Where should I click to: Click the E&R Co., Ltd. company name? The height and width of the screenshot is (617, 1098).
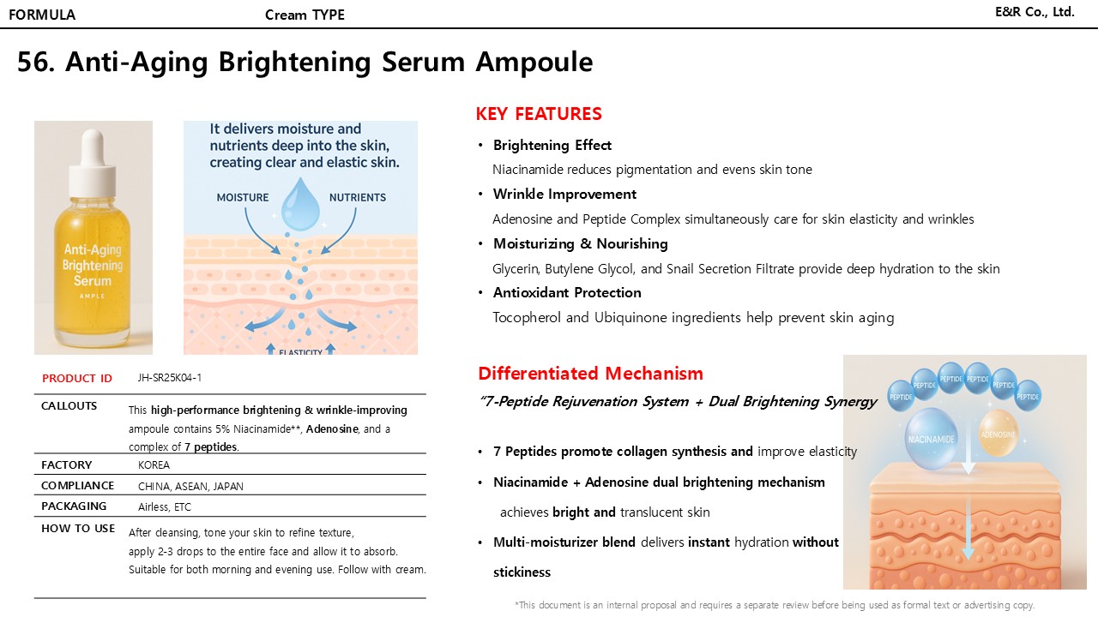(1035, 12)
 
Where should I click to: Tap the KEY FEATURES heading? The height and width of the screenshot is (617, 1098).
(539, 114)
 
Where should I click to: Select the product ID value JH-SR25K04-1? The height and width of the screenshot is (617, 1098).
(170, 378)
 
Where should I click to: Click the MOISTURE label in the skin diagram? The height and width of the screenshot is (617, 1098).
(243, 197)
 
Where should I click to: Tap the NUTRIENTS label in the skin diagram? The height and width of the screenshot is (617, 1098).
(358, 197)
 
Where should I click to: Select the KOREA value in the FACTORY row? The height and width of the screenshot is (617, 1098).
(154, 465)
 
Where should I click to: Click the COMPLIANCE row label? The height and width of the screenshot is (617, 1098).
(78, 486)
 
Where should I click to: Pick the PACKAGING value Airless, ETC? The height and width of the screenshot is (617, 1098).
(165, 507)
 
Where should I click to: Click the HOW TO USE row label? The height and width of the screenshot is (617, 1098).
(78, 529)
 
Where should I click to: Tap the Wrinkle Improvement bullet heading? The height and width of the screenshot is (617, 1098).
(564, 195)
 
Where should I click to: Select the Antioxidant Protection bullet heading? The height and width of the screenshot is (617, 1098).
(567, 293)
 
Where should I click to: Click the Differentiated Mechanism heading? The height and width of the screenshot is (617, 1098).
(590, 374)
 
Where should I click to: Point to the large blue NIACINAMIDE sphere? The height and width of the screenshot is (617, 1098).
(931, 437)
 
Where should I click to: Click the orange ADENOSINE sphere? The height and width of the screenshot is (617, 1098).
(998, 433)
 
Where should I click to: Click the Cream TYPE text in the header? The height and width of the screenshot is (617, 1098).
(305, 15)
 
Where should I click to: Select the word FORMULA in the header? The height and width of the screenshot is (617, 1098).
(42, 15)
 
